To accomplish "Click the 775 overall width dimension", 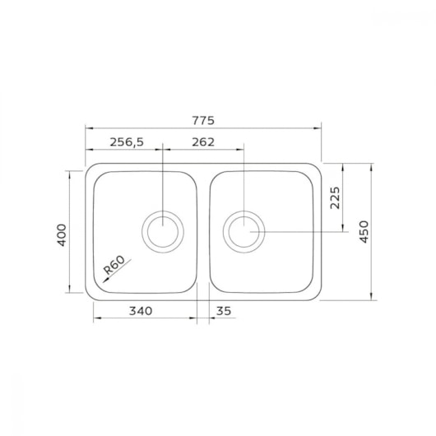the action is [203, 121].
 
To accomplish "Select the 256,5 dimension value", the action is [127, 142].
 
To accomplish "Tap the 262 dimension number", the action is [203, 142].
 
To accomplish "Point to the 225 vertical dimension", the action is [335, 197].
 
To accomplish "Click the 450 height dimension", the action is [364, 232].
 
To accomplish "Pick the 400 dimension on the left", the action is [62, 235].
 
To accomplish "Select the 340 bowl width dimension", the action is [141, 311].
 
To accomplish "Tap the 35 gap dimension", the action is [224, 311].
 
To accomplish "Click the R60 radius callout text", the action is [114, 265].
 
